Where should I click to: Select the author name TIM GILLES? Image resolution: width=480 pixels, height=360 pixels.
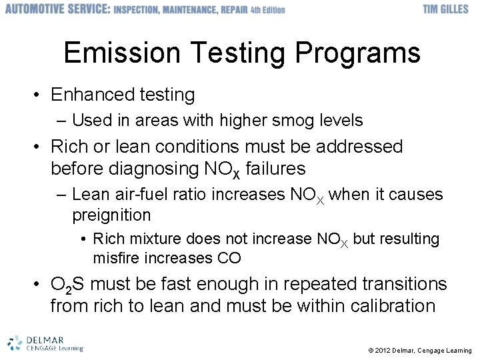pyautogui.click(x=447, y=10)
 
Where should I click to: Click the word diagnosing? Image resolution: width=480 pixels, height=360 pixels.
pyautogui.click(x=155, y=168)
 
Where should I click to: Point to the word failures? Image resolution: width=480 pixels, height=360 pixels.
pyautogui.click(x=275, y=168)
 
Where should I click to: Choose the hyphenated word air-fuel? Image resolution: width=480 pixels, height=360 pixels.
pyautogui.click(x=137, y=194)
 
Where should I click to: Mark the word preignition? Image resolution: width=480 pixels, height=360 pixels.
pyautogui.click(x=111, y=215)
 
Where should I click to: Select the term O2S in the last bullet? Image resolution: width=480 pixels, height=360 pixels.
pyautogui.click(x=67, y=285)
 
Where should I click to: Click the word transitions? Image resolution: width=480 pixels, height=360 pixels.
pyautogui.click(x=405, y=284)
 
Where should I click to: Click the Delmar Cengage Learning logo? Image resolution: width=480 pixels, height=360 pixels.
pyautogui.click(x=45, y=343)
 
